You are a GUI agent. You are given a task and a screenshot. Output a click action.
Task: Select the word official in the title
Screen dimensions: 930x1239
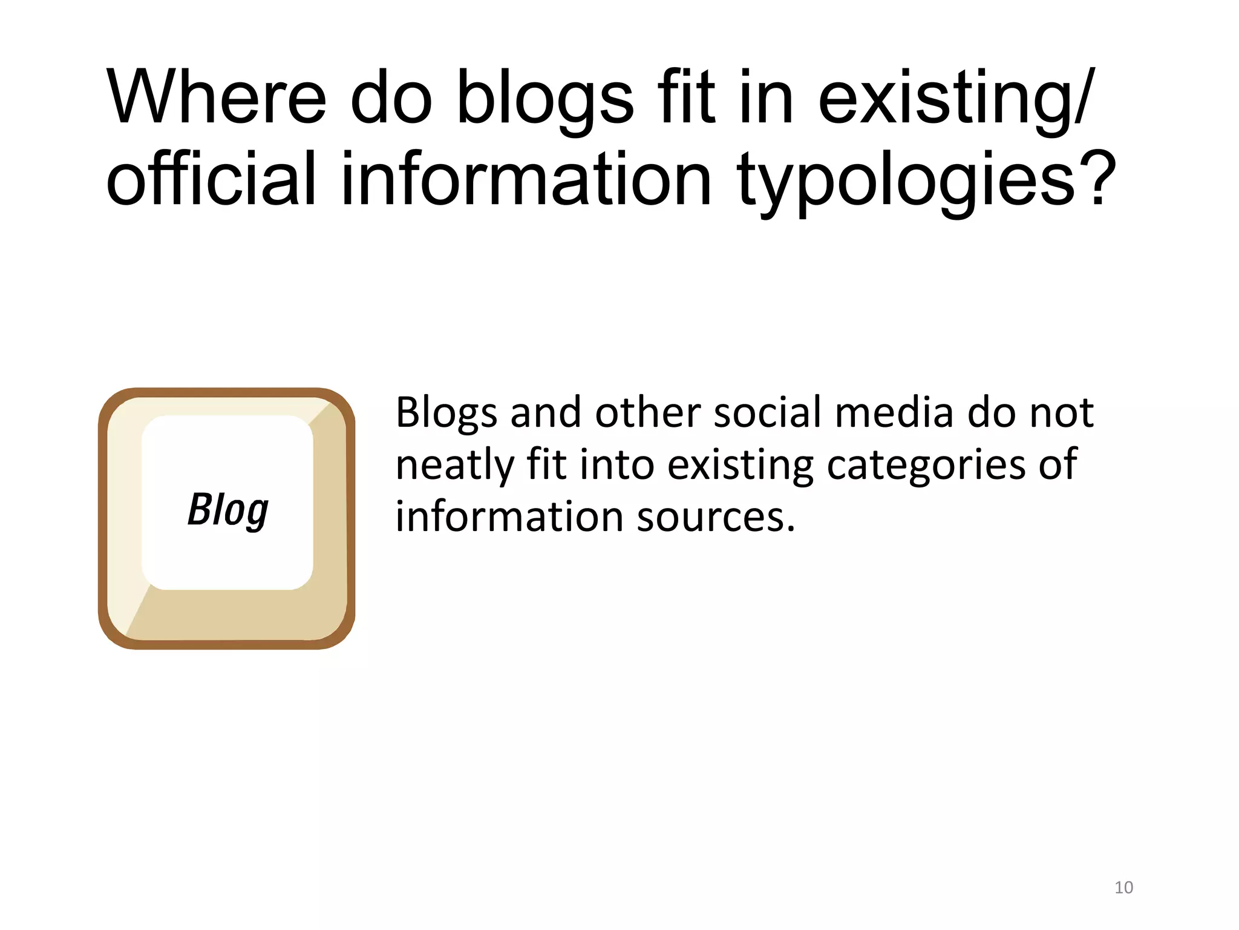pyautogui.click(x=211, y=179)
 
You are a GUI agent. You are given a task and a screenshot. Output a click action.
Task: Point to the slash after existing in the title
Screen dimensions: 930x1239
pyautogui.click(x=1084, y=97)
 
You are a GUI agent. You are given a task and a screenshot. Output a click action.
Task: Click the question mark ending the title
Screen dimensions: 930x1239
pyautogui.click(x=1094, y=179)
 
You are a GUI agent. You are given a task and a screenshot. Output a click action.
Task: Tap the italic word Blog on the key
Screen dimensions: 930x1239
pyautogui.click(x=228, y=510)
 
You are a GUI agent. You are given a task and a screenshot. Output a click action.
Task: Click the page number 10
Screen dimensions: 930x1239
pyautogui.click(x=1123, y=888)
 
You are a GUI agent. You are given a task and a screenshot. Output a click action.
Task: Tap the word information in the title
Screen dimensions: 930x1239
pyautogui.click(x=526, y=179)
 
